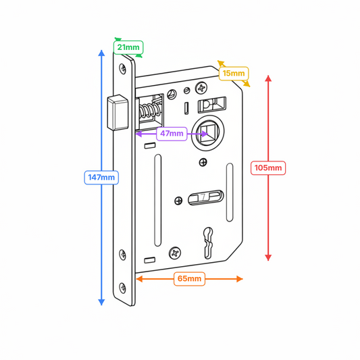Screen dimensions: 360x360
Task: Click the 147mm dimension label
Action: pyautogui.click(x=101, y=177)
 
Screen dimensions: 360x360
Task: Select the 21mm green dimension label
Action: pyautogui.click(x=128, y=47)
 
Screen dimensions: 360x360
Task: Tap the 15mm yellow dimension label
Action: pyautogui.click(x=233, y=73)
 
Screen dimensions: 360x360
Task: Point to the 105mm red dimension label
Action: pyautogui.click(x=268, y=167)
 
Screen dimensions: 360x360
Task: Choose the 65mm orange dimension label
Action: pyautogui.click(x=189, y=278)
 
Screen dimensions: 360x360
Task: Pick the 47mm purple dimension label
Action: pyautogui.click(x=172, y=134)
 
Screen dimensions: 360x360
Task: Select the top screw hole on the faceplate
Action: pyautogui.click(x=122, y=68)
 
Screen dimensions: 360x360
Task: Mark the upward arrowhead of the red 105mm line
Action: pyautogui.click(x=268, y=78)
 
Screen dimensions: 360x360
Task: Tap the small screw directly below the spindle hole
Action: pyautogui.click(x=203, y=162)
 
